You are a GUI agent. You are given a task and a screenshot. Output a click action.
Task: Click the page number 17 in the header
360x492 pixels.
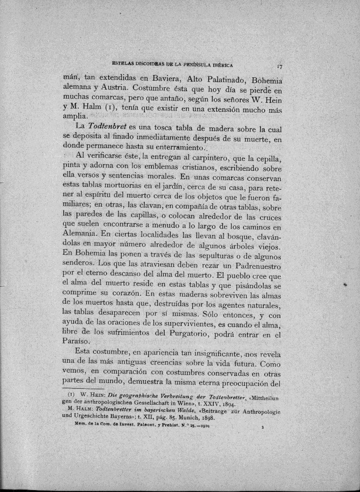click(280, 67)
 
